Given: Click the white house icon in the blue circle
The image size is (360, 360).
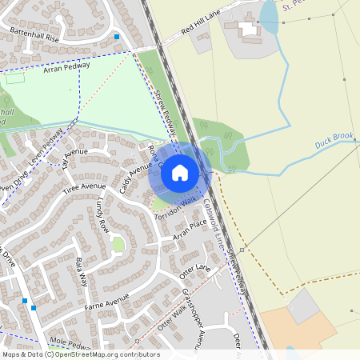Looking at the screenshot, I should point(180,172).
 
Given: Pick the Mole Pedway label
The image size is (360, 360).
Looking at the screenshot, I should point(71,343).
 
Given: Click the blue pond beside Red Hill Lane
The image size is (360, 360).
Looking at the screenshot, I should point(269,16).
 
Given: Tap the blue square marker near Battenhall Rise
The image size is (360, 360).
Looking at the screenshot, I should point(117,37).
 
